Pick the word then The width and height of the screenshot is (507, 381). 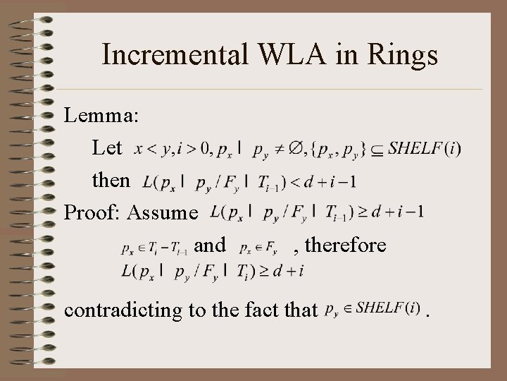111,181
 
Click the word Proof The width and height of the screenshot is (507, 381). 88,212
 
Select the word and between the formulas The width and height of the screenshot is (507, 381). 209,245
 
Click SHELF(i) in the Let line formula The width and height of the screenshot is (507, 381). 425,148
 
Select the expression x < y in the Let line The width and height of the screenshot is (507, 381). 148,148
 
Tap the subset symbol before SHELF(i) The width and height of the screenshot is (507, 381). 378,149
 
